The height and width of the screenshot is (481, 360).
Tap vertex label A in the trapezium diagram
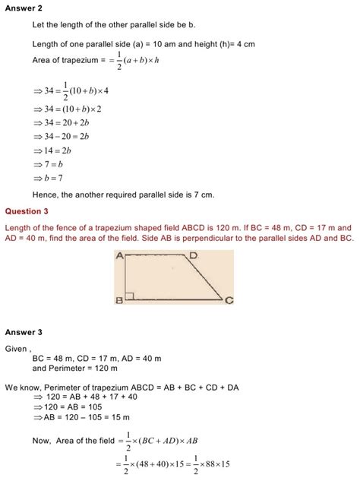tap(120, 257)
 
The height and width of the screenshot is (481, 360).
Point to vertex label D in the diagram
tap(194, 256)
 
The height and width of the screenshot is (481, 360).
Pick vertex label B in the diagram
tap(119, 301)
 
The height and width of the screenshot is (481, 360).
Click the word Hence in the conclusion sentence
tap(46, 195)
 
